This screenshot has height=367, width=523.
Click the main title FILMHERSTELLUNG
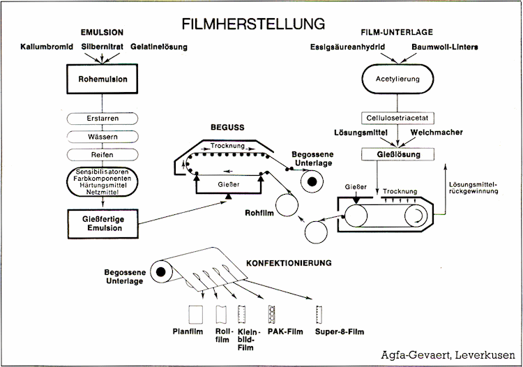(x=253, y=23)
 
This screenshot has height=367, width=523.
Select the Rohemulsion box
(x=103, y=80)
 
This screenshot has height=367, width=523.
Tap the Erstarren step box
(x=103, y=119)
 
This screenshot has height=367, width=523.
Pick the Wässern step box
(x=103, y=136)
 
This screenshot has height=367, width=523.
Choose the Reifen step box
(x=103, y=153)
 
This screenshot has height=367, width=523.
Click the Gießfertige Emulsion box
(x=103, y=221)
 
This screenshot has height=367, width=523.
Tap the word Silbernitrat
(x=103, y=47)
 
